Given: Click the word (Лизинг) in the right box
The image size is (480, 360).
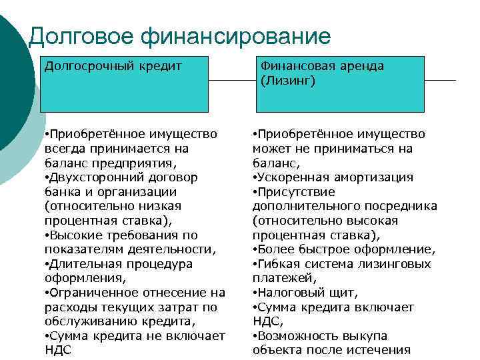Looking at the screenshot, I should coord(288,81).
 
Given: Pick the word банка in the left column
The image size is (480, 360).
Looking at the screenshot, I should coord(63,191).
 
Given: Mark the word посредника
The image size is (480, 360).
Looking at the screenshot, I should coord(403,206).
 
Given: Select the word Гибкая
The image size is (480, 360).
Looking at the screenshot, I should coord(283,264).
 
